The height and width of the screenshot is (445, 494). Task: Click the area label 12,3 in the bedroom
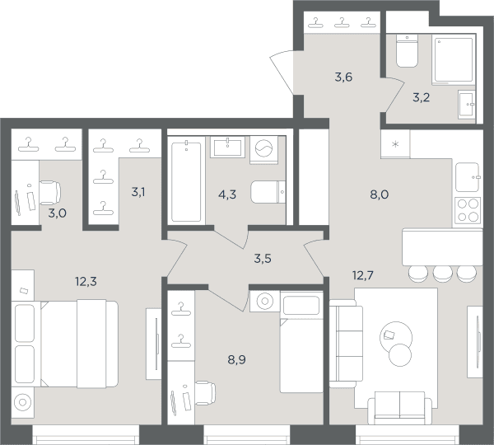tap(86, 281)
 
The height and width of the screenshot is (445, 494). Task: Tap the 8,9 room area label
tap(236, 359)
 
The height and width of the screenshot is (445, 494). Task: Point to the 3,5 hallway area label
tap(263, 259)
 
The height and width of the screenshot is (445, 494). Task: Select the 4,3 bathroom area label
tap(227, 194)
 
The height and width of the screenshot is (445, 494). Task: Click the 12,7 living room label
tap(363, 275)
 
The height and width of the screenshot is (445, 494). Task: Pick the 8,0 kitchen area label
tap(380, 194)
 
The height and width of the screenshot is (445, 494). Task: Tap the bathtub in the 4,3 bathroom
tap(186, 181)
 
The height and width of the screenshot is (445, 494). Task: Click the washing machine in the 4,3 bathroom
tap(264, 149)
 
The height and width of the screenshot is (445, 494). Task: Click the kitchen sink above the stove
tap(468, 177)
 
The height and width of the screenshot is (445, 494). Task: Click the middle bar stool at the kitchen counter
tap(443, 274)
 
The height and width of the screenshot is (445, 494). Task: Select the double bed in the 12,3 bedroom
tap(65, 344)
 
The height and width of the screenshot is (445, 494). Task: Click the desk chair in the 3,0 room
tap(50, 193)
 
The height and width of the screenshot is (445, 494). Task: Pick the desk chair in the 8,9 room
tap(205, 393)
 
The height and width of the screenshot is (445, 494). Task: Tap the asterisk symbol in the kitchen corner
tap(395, 144)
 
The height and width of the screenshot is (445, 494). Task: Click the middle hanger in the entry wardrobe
tap(342, 23)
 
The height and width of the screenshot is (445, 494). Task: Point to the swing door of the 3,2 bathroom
tap(395, 96)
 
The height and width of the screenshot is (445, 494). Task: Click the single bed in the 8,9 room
tap(301, 355)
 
